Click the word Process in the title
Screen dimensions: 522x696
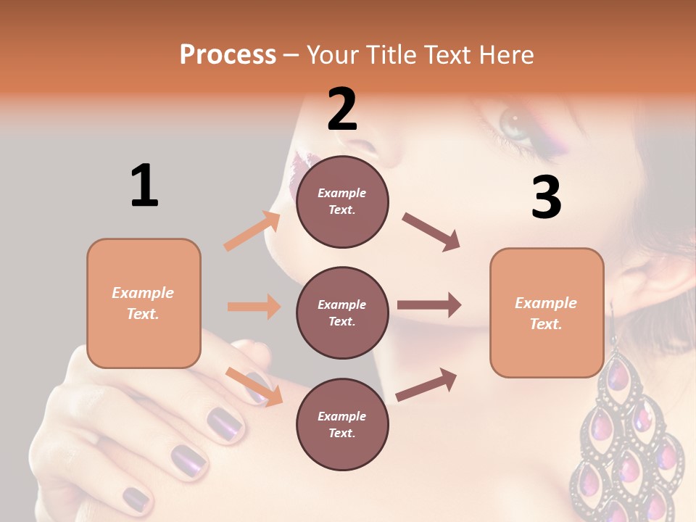tap(228, 55)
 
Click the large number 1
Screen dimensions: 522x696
tap(144, 185)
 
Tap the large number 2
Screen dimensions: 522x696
tap(342, 109)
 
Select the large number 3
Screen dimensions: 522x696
tap(546, 197)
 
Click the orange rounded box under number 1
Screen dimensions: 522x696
tap(144, 303)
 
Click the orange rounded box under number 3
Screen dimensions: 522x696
tap(547, 312)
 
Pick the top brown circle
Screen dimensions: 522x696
tap(342, 202)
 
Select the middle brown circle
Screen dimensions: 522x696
tap(342, 312)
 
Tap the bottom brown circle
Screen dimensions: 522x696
tap(342, 424)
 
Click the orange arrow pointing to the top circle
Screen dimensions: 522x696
tap(252, 231)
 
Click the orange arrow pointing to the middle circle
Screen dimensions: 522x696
tap(254, 307)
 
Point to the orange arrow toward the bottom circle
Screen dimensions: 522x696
tap(254, 386)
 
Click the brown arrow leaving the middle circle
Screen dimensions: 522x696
tap(429, 305)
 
